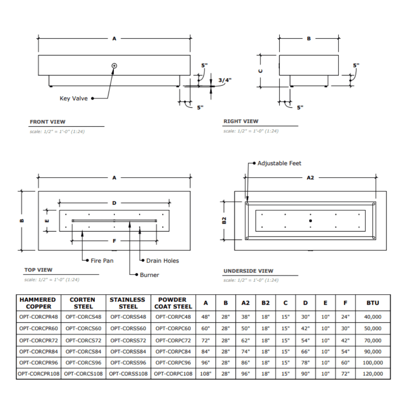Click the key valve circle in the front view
pos(114,66)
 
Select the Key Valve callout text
pos(74,98)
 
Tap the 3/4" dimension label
pos(225,80)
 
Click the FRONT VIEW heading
pos(47,122)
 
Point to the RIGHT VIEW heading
pos(241,121)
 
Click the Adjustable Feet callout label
pos(279,163)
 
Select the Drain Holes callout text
pos(162,261)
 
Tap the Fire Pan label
pos(102,261)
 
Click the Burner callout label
pos(150,275)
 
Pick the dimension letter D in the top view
pos(114,203)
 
